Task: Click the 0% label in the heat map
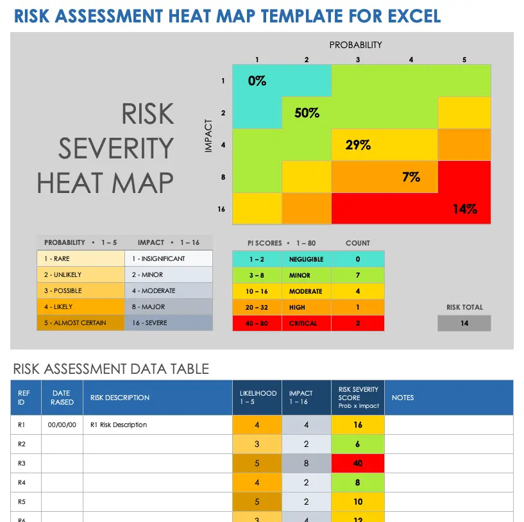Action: click(x=257, y=81)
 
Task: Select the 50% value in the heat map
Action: click(x=307, y=113)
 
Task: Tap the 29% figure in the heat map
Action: click(x=358, y=145)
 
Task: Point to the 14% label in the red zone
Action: click(x=464, y=208)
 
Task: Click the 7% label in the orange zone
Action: click(x=411, y=176)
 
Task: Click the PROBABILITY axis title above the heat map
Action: click(x=355, y=45)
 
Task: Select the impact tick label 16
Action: click(x=221, y=209)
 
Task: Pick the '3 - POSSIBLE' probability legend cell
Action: click(x=81, y=290)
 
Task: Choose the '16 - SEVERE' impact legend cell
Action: click(x=169, y=323)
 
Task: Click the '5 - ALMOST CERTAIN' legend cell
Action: click(x=81, y=323)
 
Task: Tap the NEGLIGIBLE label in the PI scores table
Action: click(x=306, y=259)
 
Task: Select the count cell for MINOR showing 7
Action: click(x=357, y=275)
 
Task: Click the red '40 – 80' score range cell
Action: click(x=257, y=323)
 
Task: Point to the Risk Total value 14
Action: click(x=464, y=323)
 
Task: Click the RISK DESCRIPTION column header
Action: click(x=120, y=398)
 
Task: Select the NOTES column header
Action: click(x=403, y=398)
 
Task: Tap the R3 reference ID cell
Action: click(x=22, y=463)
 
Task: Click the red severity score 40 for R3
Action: click(x=357, y=463)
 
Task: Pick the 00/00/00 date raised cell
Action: click(x=62, y=425)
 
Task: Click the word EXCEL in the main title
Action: click(x=412, y=15)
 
